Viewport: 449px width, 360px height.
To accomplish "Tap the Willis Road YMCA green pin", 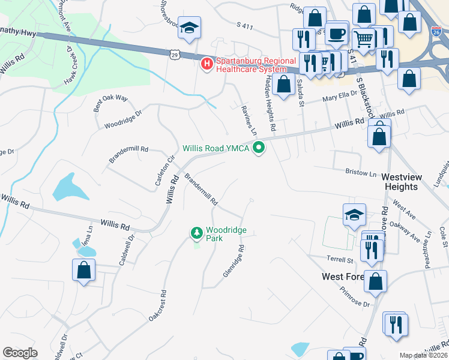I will [x=259, y=147].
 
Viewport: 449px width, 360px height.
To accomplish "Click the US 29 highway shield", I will [x=174, y=54].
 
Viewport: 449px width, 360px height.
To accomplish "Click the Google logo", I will [x=20, y=353].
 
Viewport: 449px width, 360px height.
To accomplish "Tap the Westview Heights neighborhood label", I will [x=400, y=182].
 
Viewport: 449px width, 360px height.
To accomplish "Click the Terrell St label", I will [x=340, y=260].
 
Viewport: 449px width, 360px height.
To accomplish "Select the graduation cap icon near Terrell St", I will [x=354, y=214].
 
